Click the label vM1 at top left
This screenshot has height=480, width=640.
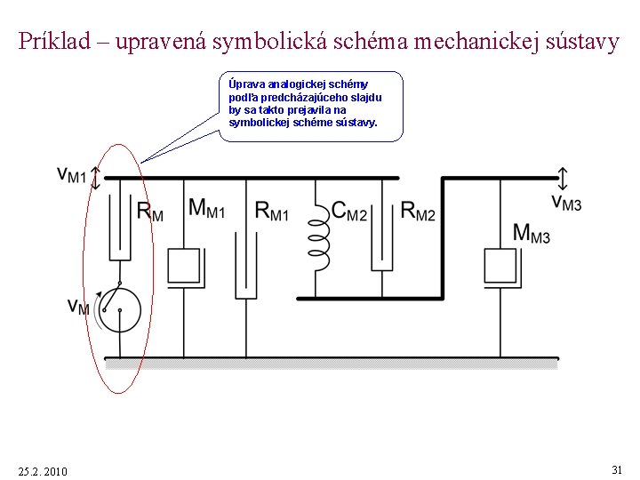click(71, 175)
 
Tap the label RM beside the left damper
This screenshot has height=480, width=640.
click(149, 212)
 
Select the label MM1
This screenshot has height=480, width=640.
click(206, 209)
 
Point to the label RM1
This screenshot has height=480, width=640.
click(271, 211)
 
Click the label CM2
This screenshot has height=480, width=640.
click(348, 211)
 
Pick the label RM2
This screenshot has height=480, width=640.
click(418, 211)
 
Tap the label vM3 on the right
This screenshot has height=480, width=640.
click(565, 203)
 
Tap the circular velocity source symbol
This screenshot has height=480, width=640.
click(119, 308)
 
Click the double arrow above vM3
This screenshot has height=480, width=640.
click(563, 176)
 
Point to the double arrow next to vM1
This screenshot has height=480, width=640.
click(95, 178)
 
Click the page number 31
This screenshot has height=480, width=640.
click(617, 468)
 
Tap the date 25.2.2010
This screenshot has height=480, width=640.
click(43, 470)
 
